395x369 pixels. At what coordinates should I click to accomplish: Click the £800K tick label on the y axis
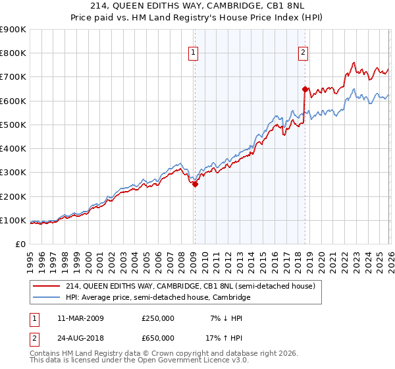[x=13, y=53]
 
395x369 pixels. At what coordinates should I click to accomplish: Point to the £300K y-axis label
[x=13, y=173]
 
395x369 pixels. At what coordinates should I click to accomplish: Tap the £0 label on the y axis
[x=19, y=244]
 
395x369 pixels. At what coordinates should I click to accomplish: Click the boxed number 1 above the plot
[x=194, y=53]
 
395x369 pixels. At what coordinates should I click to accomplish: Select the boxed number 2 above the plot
[x=303, y=53]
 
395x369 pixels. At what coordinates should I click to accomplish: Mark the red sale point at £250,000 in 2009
[x=195, y=184]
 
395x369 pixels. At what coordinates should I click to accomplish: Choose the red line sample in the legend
[x=47, y=286]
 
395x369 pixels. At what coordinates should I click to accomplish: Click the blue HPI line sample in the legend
[x=47, y=298]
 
